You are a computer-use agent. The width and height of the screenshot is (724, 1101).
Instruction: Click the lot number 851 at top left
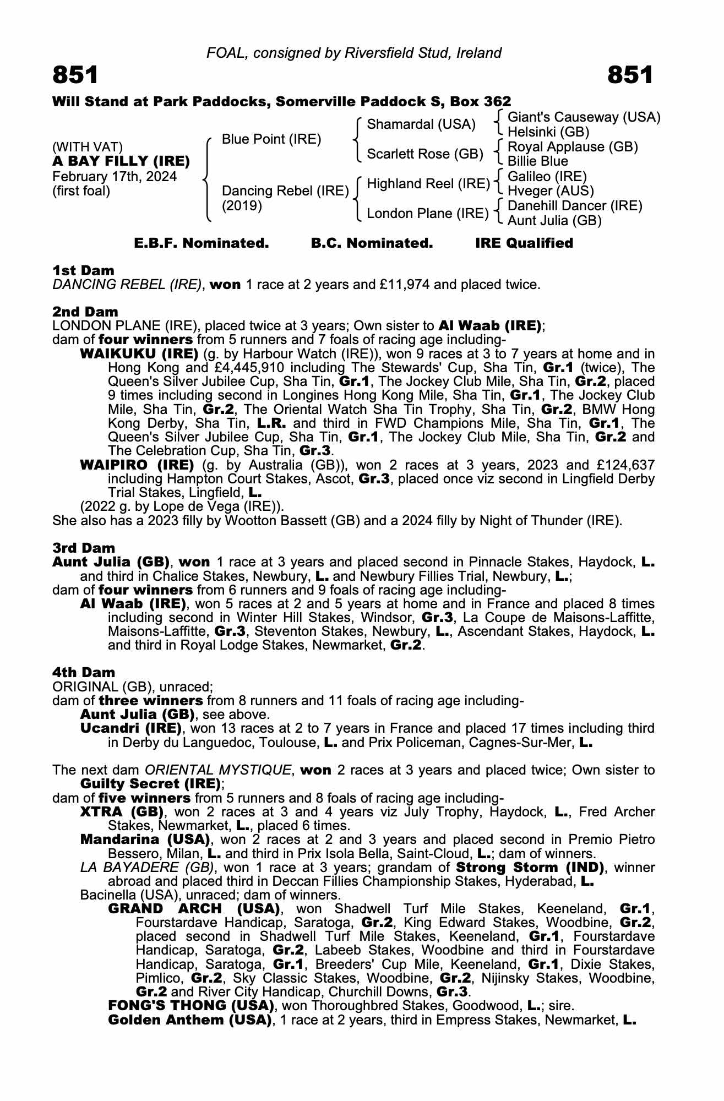[x=75, y=75]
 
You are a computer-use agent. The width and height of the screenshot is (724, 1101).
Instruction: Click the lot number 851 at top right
[x=630, y=75]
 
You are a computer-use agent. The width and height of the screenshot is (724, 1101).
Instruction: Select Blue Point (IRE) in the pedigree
[x=271, y=139]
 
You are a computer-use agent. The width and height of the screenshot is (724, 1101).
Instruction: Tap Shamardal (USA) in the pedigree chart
[x=421, y=124]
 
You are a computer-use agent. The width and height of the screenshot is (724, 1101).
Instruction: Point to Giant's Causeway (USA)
[x=584, y=117]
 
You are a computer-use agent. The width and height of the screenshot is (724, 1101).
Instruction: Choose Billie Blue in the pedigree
[x=537, y=161]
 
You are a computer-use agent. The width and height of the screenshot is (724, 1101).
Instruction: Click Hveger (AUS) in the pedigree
[x=551, y=191]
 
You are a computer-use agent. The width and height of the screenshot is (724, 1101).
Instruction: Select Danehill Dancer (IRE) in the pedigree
[x=575, y=206]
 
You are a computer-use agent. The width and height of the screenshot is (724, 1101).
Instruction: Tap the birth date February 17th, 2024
[x=115, y=177]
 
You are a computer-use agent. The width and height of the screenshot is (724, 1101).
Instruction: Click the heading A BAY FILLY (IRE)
[x=121, y=162]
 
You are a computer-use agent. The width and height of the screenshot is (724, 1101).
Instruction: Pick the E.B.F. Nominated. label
[x=202, y=243]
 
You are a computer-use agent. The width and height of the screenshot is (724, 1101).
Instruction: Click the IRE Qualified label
[x=524, y=243]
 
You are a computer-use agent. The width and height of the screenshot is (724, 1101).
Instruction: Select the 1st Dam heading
[x=83, y=270]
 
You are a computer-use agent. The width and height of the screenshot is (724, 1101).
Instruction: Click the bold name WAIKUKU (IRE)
[x=139, y=353]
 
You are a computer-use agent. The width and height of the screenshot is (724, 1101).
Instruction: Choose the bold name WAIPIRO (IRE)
[x=137, y=465]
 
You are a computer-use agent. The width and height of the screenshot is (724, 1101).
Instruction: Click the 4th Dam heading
[x=84, y=672]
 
